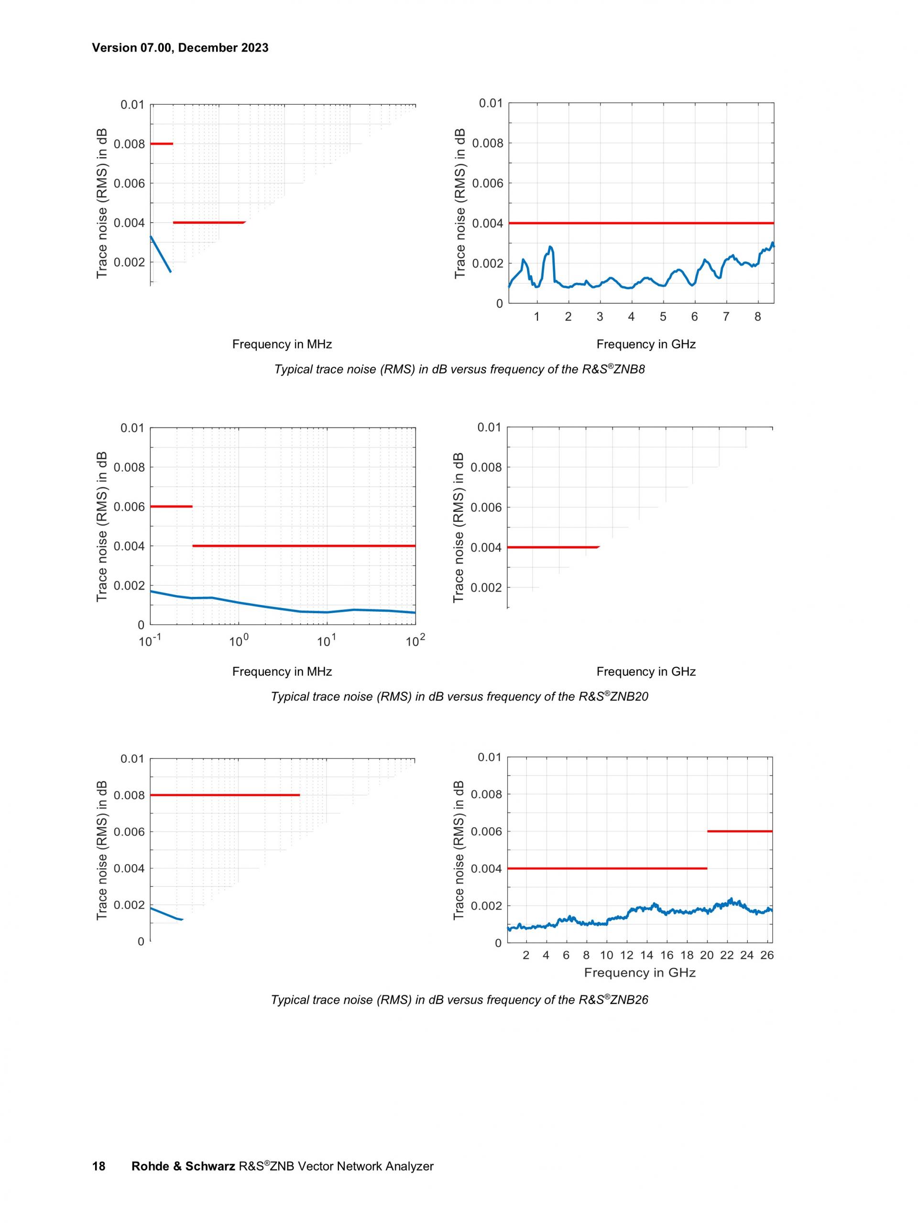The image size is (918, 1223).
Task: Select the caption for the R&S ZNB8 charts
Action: [459, 369]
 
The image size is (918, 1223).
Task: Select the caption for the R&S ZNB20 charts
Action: [459, 696]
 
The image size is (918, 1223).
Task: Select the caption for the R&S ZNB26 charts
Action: [459, 1000]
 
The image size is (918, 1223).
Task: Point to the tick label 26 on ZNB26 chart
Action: [766, 955]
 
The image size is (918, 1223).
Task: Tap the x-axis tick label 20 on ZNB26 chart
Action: [706, 955]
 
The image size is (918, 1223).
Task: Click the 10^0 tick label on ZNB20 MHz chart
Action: [239, 641]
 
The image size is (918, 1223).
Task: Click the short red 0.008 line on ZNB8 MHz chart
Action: [162, 144]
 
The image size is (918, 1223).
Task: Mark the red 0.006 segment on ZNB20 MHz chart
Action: [172, 507]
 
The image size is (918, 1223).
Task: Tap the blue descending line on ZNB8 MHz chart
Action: [160, 254]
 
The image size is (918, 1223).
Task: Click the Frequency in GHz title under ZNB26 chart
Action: [639, 973]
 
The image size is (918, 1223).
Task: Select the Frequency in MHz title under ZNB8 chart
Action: [282, 345]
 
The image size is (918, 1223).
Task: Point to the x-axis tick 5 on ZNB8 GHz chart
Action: [663, 317]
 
